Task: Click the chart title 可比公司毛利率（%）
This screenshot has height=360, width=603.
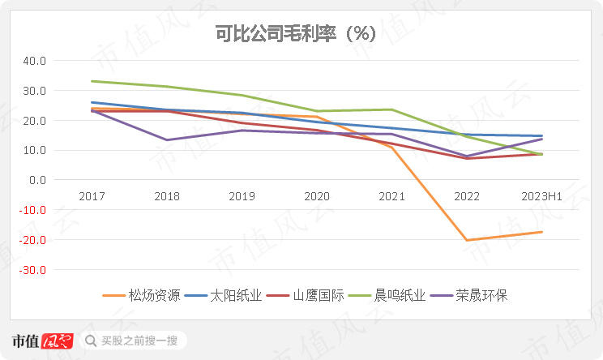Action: point(301,35)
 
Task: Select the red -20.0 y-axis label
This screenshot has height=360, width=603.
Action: point(34,240)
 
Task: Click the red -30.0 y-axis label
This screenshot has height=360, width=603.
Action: point(34,270)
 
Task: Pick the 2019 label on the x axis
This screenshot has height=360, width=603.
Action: point(242,197)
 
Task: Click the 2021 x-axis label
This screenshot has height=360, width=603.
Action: point(391,197)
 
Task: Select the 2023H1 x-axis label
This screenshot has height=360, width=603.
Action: point(542,197)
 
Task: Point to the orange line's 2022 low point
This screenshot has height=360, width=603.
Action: point(467,240)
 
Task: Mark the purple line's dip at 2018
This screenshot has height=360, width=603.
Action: point(166,140)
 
